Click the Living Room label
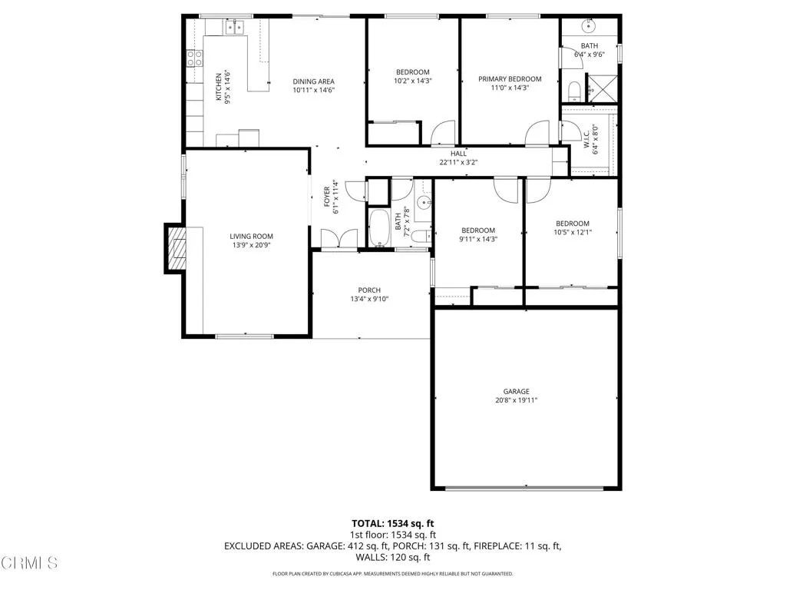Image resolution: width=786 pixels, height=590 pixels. [251, 236]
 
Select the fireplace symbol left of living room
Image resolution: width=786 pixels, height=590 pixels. [176, 249]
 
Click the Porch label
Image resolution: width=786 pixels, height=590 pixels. [369, 290]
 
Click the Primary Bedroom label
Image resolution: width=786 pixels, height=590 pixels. [510, 78]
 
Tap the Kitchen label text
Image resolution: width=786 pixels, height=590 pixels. [219, 87]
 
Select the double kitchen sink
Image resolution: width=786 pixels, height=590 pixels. [233, 28]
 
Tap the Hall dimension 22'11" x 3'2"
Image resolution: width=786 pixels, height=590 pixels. [458, 162]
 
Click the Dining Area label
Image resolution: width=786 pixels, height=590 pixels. [313, 81]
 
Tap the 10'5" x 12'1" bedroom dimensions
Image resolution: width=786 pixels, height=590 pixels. [573, 232]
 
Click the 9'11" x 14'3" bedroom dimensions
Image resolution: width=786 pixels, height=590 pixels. [478, 239]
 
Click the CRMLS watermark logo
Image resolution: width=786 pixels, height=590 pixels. [29, 563]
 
